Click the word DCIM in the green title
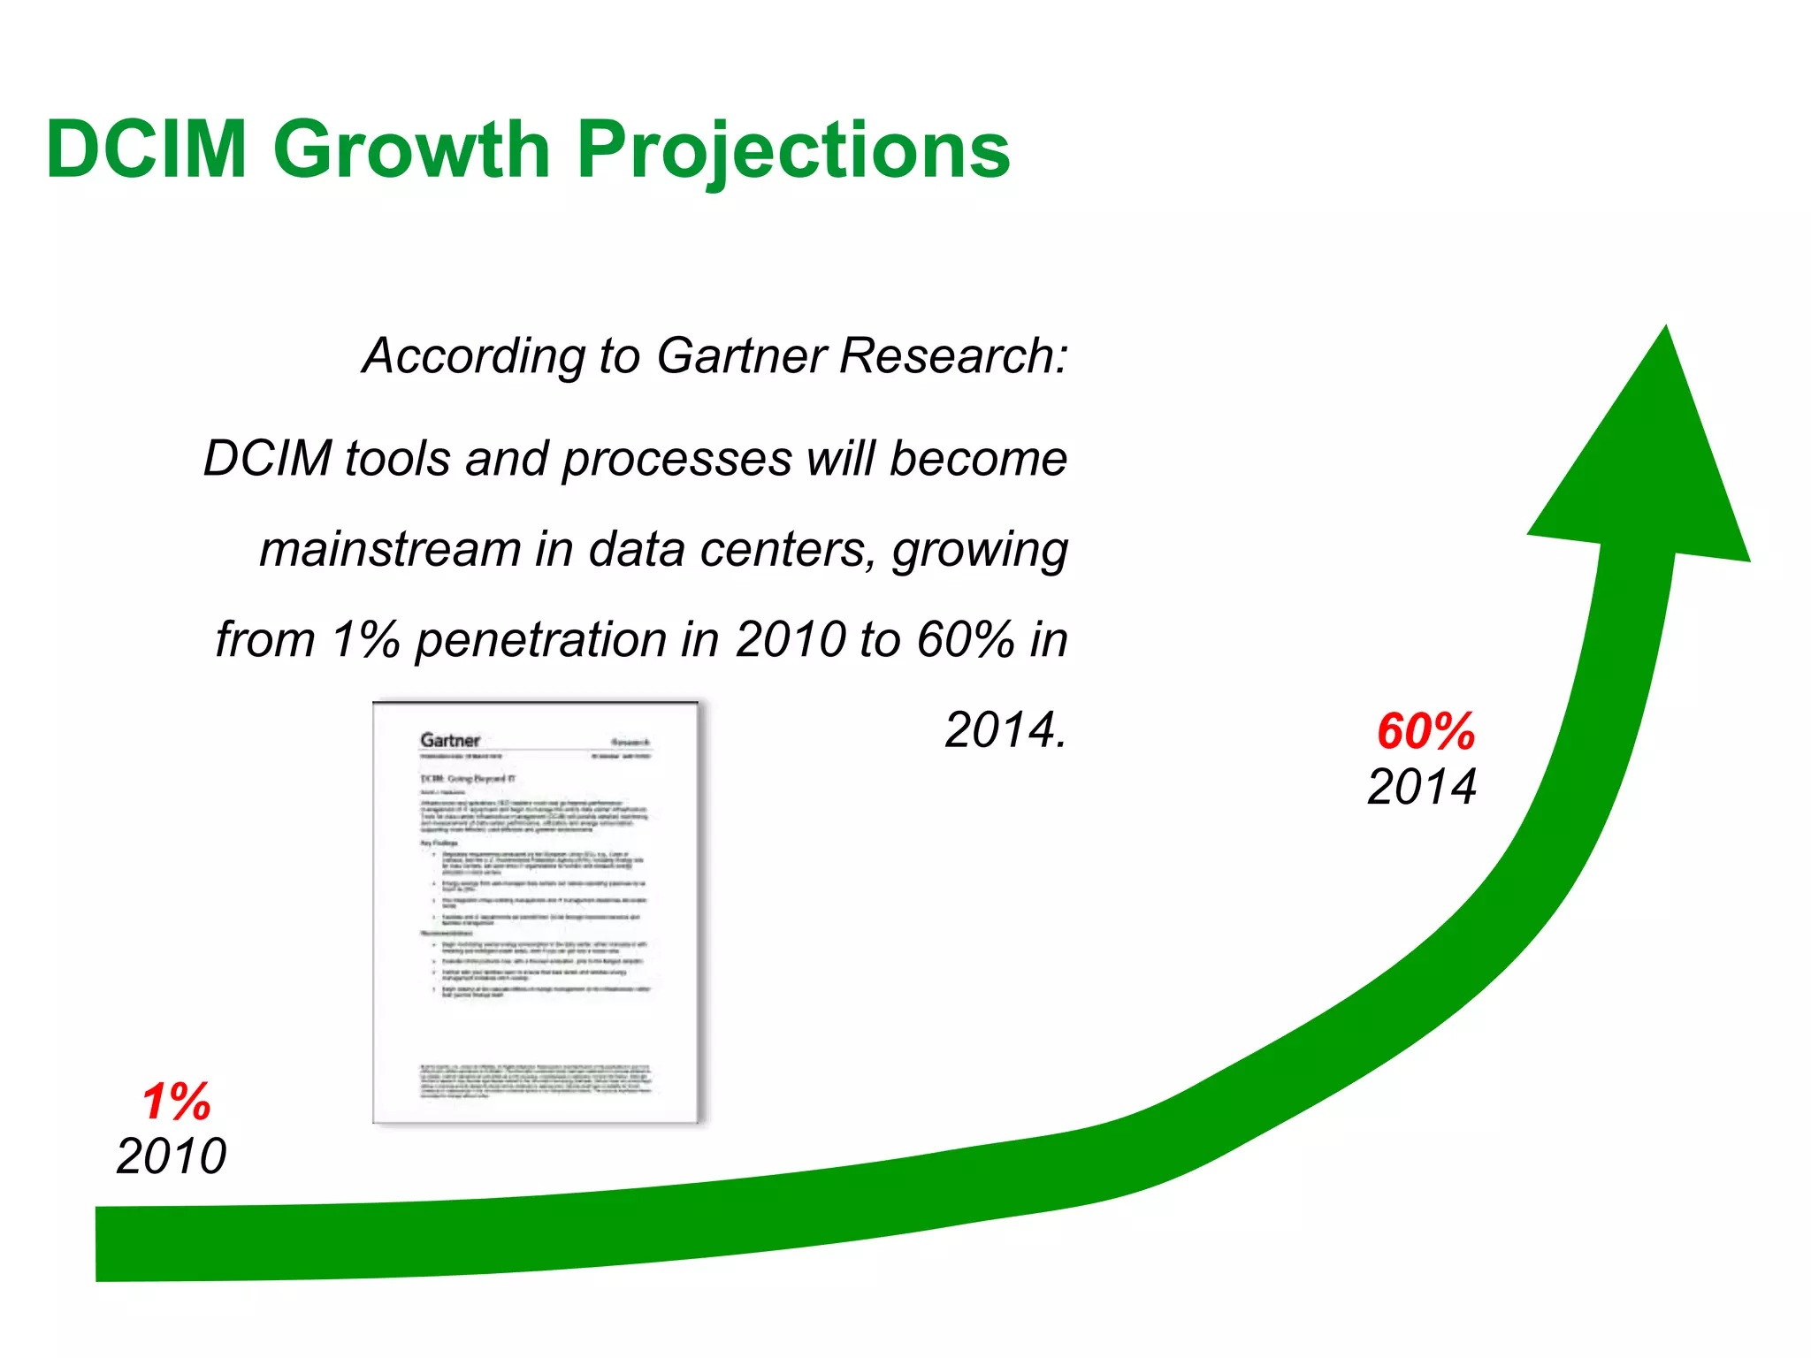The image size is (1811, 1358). click(x=147, y=149)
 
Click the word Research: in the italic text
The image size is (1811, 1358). click(x=953, y=356)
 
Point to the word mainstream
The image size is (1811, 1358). click(x=389, y=549)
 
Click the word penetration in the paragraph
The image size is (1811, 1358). click(x=540, y=640)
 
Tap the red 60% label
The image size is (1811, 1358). click(x=1425, y=732)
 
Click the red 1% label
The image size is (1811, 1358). click(x=176, y=1102)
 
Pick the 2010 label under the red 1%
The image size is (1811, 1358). click(x=172, y=1156)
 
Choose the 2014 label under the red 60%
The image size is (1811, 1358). click(x=1421, y=787)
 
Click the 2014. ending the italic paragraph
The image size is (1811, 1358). click(x=1005, y=730)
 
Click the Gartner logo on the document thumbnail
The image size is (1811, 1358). click(x=450, y=740)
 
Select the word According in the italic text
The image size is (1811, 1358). click(x=473, y=356)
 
